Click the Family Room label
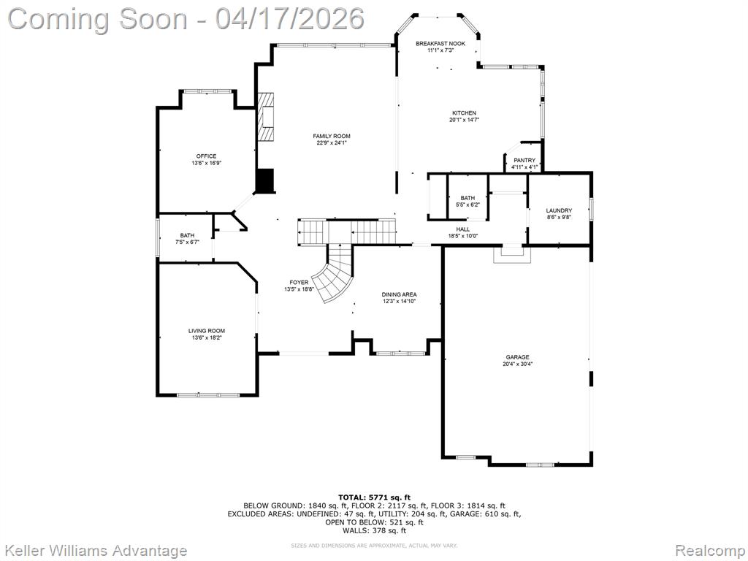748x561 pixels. tap(332, 136)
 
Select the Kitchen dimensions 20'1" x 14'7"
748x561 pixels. tap(463, 120)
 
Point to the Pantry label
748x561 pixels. tap(524, 160)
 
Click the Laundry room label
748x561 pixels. tap(559, 210)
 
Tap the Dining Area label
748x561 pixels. tap(400, 294)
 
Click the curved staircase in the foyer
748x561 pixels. tap(333, 278)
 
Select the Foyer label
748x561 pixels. tap(299, 282)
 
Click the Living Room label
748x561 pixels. tap(207, 331)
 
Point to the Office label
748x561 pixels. tap(206, 156)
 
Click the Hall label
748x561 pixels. tap(463, 229)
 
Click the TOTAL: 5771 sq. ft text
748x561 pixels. tap(374, 497)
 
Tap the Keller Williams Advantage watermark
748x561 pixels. tap(96, 550)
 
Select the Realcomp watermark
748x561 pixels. tap(708, 550)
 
